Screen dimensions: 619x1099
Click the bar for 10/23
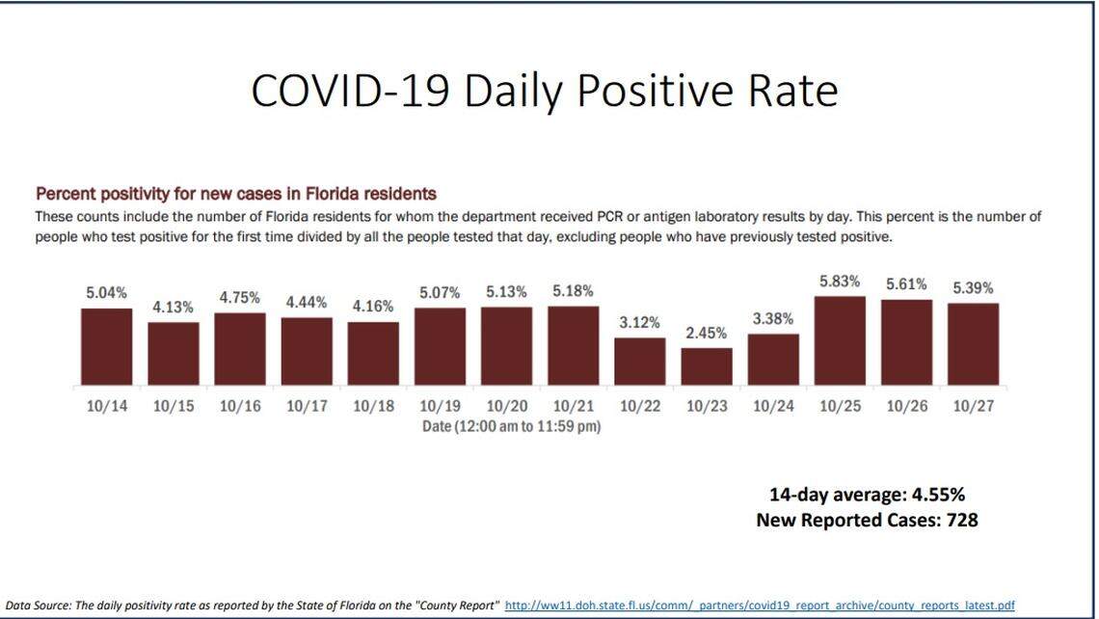tap(707, 366)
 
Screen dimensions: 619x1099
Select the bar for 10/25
tap(840, 340)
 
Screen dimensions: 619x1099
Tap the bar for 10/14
tap(106, 347)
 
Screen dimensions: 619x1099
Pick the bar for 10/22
tap(639, 362)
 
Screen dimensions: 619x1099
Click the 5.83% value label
tap(840, 281)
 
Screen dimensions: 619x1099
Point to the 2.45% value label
tap(707, 333)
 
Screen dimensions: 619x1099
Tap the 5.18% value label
tap(573, 290)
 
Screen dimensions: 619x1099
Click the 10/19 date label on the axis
tap(440, 406)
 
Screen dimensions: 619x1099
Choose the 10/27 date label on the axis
tap(973, 406)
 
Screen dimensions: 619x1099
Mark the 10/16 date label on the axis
tap(239, 406)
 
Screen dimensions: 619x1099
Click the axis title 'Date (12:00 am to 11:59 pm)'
tap(511, 425)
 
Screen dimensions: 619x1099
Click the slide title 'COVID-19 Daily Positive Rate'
tap(544, 91)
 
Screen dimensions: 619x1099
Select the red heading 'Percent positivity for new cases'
tap(236, 193)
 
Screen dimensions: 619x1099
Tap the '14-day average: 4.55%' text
tap(867, 495)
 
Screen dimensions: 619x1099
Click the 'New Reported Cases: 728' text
tap(867, 520)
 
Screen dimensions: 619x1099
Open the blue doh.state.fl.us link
tap(759, 605)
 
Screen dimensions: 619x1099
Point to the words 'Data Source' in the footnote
tap(33, 605)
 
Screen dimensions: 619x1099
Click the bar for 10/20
tap(506, 346)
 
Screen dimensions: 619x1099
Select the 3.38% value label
tap(773, 318)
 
